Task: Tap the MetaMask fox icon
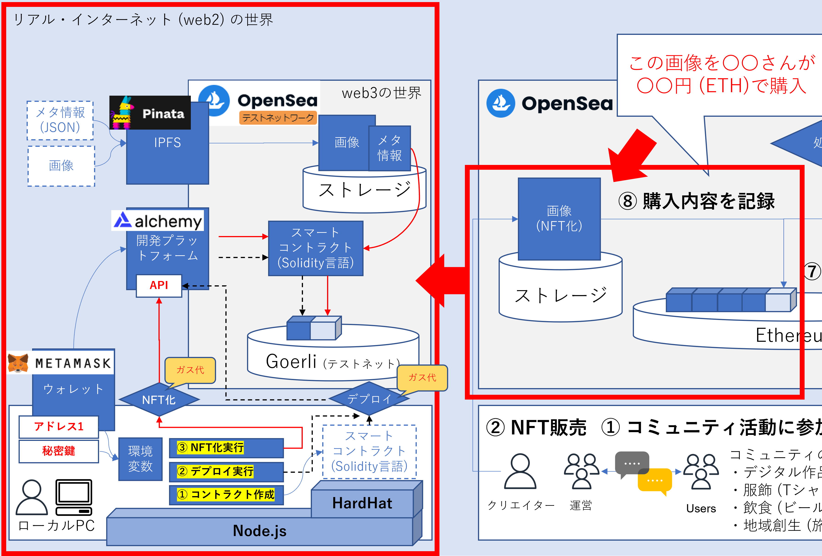click(18, 363)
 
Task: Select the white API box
click(159, 285)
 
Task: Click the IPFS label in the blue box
click(167, 142)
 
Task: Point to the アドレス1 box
click(59, 427)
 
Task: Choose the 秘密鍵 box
click(59, 451)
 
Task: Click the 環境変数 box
click(140, 459)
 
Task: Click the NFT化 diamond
click(159, 400)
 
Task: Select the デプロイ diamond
click(369, 399)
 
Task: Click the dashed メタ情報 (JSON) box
click(60, 120)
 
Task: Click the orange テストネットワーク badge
click(278, 117)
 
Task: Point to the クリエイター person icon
click(520, 471)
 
